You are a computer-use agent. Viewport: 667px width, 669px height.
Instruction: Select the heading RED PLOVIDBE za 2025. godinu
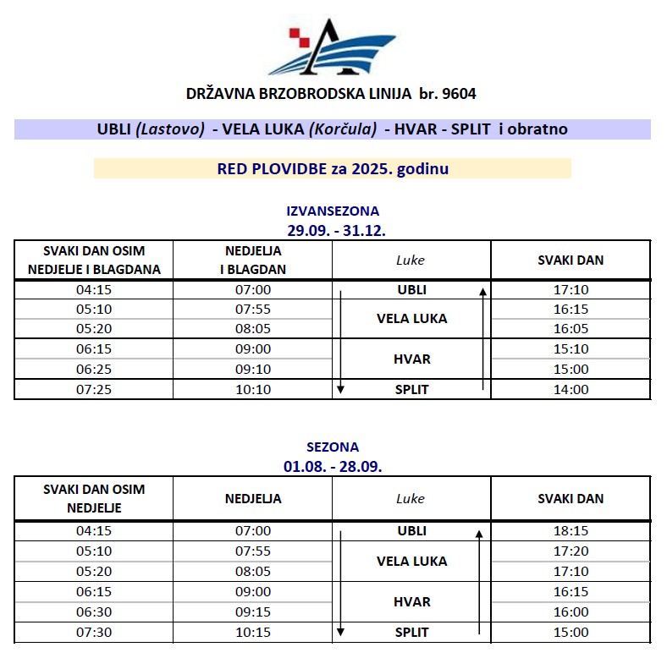(x=333, y=168)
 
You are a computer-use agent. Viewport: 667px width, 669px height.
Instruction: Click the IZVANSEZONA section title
(x=333, y=211)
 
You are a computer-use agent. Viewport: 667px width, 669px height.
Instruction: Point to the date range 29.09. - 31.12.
(x=333, y=228)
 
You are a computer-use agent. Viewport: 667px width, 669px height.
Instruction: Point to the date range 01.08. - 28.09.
(x=333, y=465)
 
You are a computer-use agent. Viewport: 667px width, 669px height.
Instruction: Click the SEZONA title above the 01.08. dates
(x=333, y=447)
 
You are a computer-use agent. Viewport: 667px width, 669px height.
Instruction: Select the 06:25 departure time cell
(x=94, y=370)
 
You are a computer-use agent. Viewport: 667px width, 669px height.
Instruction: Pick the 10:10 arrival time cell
(x=252, y=390)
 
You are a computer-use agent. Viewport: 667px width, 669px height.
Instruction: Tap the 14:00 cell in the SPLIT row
(x=571, y=390)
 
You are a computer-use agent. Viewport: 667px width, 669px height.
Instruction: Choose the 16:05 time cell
(x=571, y=329)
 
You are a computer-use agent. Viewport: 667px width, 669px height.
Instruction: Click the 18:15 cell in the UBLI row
(x=571, y=531)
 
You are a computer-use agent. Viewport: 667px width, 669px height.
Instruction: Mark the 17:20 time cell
(x=571, y=551)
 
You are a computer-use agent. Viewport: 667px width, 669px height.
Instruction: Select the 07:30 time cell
(x=94, y=633)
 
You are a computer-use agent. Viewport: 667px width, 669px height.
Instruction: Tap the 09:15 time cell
(x=252, y=612)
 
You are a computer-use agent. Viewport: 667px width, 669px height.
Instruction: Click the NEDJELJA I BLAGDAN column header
(x=252, y=260)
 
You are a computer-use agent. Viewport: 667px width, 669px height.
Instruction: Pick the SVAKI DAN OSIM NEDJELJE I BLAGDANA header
(x=94, y=260)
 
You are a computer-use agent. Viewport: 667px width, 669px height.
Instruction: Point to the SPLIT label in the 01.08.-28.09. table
(x=412, y=633)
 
